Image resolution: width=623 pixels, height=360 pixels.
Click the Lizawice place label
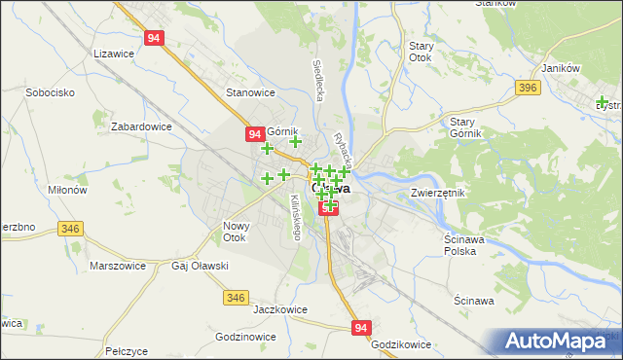(x=112, y=54)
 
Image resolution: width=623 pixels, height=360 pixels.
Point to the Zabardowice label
(x=142, y=126)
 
